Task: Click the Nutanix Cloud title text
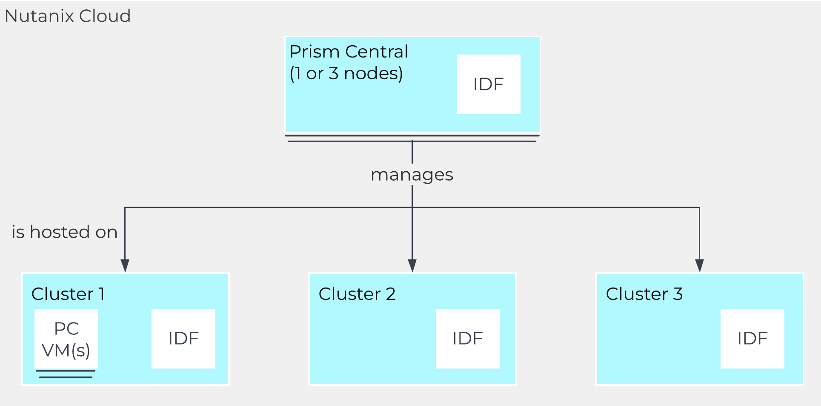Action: coord(67,16)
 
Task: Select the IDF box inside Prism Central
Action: coord(488,84)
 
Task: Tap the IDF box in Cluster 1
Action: coord(183,339)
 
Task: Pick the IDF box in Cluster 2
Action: coord(467,339)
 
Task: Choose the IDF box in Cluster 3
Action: coord(752,339)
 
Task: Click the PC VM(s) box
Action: coord(66,339)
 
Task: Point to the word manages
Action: coord(412,175)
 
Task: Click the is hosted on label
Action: coord(64,232)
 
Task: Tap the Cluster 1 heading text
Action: coord(68,294)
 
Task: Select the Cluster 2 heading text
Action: coord(357,294)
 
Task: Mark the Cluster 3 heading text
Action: coord(644,294)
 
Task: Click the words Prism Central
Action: coord(348,52)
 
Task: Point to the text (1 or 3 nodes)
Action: coord(346,74)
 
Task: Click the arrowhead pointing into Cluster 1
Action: coord(125,265)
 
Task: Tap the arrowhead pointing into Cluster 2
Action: coord(412,265)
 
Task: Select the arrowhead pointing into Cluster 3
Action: coord(699,265)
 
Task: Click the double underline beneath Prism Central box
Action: coord(412,138)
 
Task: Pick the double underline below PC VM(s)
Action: coord(66,374)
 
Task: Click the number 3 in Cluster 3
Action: coord(678,294)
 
